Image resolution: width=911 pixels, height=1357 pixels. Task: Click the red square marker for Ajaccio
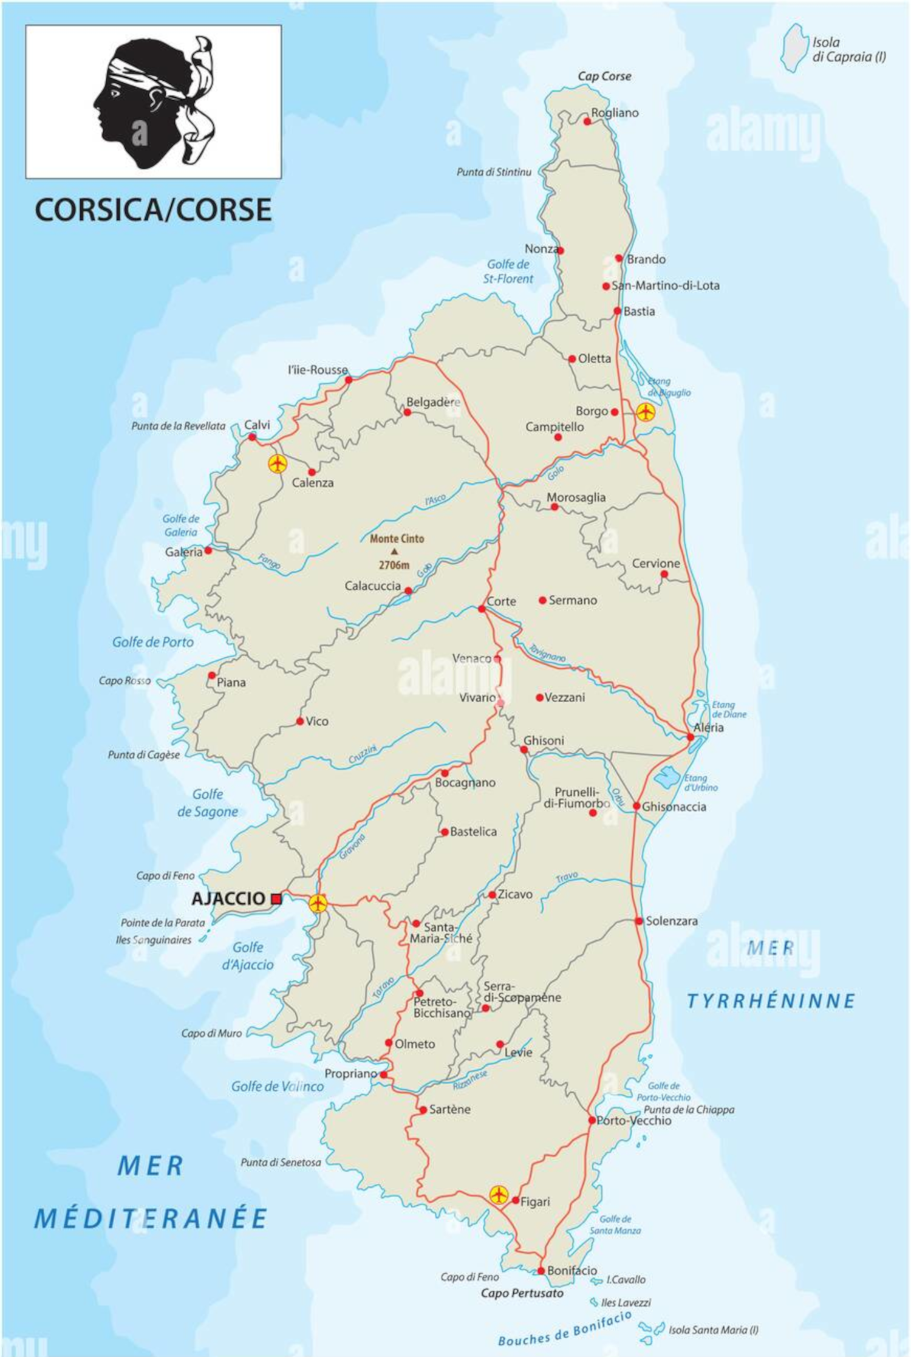click(276, 898)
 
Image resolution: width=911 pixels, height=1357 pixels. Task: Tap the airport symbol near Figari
click(499, 1195)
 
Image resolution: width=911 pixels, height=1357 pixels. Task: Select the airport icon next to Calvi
click(278, 464)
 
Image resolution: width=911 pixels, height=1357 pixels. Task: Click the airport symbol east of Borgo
click(646, 412)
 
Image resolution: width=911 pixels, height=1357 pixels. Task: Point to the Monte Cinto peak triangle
click(395, 552)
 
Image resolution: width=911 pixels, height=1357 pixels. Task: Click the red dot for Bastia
click(617, 311)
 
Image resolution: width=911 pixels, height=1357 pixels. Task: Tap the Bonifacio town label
click(572, 1270)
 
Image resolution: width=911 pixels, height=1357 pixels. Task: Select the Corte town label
click(502, 601)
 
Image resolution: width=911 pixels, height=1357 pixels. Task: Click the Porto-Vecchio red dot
click(592, 1120)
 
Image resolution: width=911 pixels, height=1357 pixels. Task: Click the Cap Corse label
click(604, 76)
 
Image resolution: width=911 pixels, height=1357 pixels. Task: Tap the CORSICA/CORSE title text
click(153, 210)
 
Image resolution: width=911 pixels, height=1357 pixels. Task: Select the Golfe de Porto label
click(153, 642)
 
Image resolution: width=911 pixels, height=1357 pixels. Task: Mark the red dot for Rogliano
click(587, 121)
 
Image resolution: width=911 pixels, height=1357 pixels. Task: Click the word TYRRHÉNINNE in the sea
click(771, 1000)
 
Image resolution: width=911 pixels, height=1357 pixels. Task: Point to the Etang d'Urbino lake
click(669, 776)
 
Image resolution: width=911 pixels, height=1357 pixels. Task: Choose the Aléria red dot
click(690, 737)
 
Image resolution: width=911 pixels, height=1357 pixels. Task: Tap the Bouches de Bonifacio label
click(565, 1328)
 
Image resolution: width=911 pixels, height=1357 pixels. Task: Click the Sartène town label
click(449, 1109)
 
